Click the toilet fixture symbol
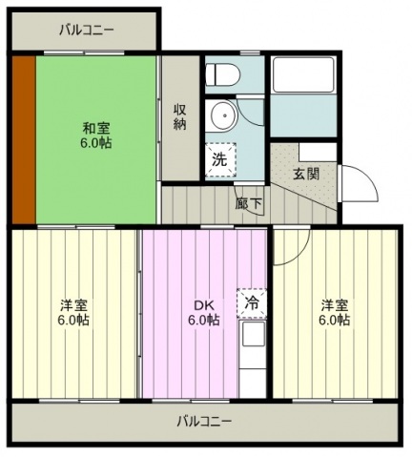(x=222, y=74)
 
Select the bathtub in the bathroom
(x=303, y=74)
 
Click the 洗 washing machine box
(x=220, y=159)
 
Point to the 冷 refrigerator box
(x=252, y=303)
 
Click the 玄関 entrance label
(x=305, y=174)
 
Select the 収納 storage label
(x=180, y=117)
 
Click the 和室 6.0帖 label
(x=95, y=136)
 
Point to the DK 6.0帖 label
(x=204, y=313)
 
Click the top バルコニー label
(x=87, y=31)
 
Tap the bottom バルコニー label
(x=204, y=422)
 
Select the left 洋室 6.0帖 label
(x=73, y=313)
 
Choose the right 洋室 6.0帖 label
(x=335, y=313)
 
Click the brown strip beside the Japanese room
(x=24, y=139)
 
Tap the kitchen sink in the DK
(x=254, y=334)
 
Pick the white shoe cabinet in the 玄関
(x=318, y=152)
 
